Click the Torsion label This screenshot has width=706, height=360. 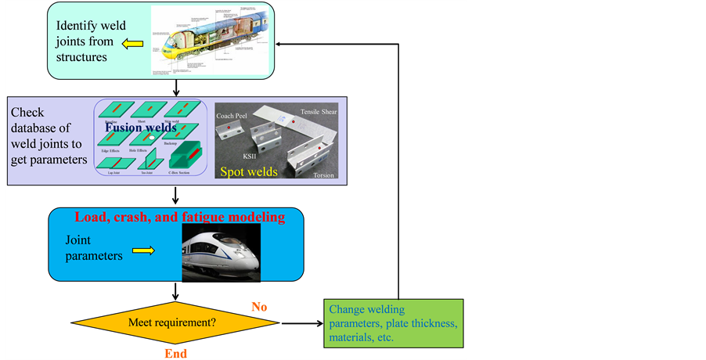(x=323, y=175)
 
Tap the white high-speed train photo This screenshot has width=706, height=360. (x=222, y=252)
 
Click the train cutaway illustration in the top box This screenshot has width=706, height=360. (x=212, y=40)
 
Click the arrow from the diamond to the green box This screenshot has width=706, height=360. (x=301, y=322)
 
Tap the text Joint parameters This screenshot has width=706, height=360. (x=94, y=250)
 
